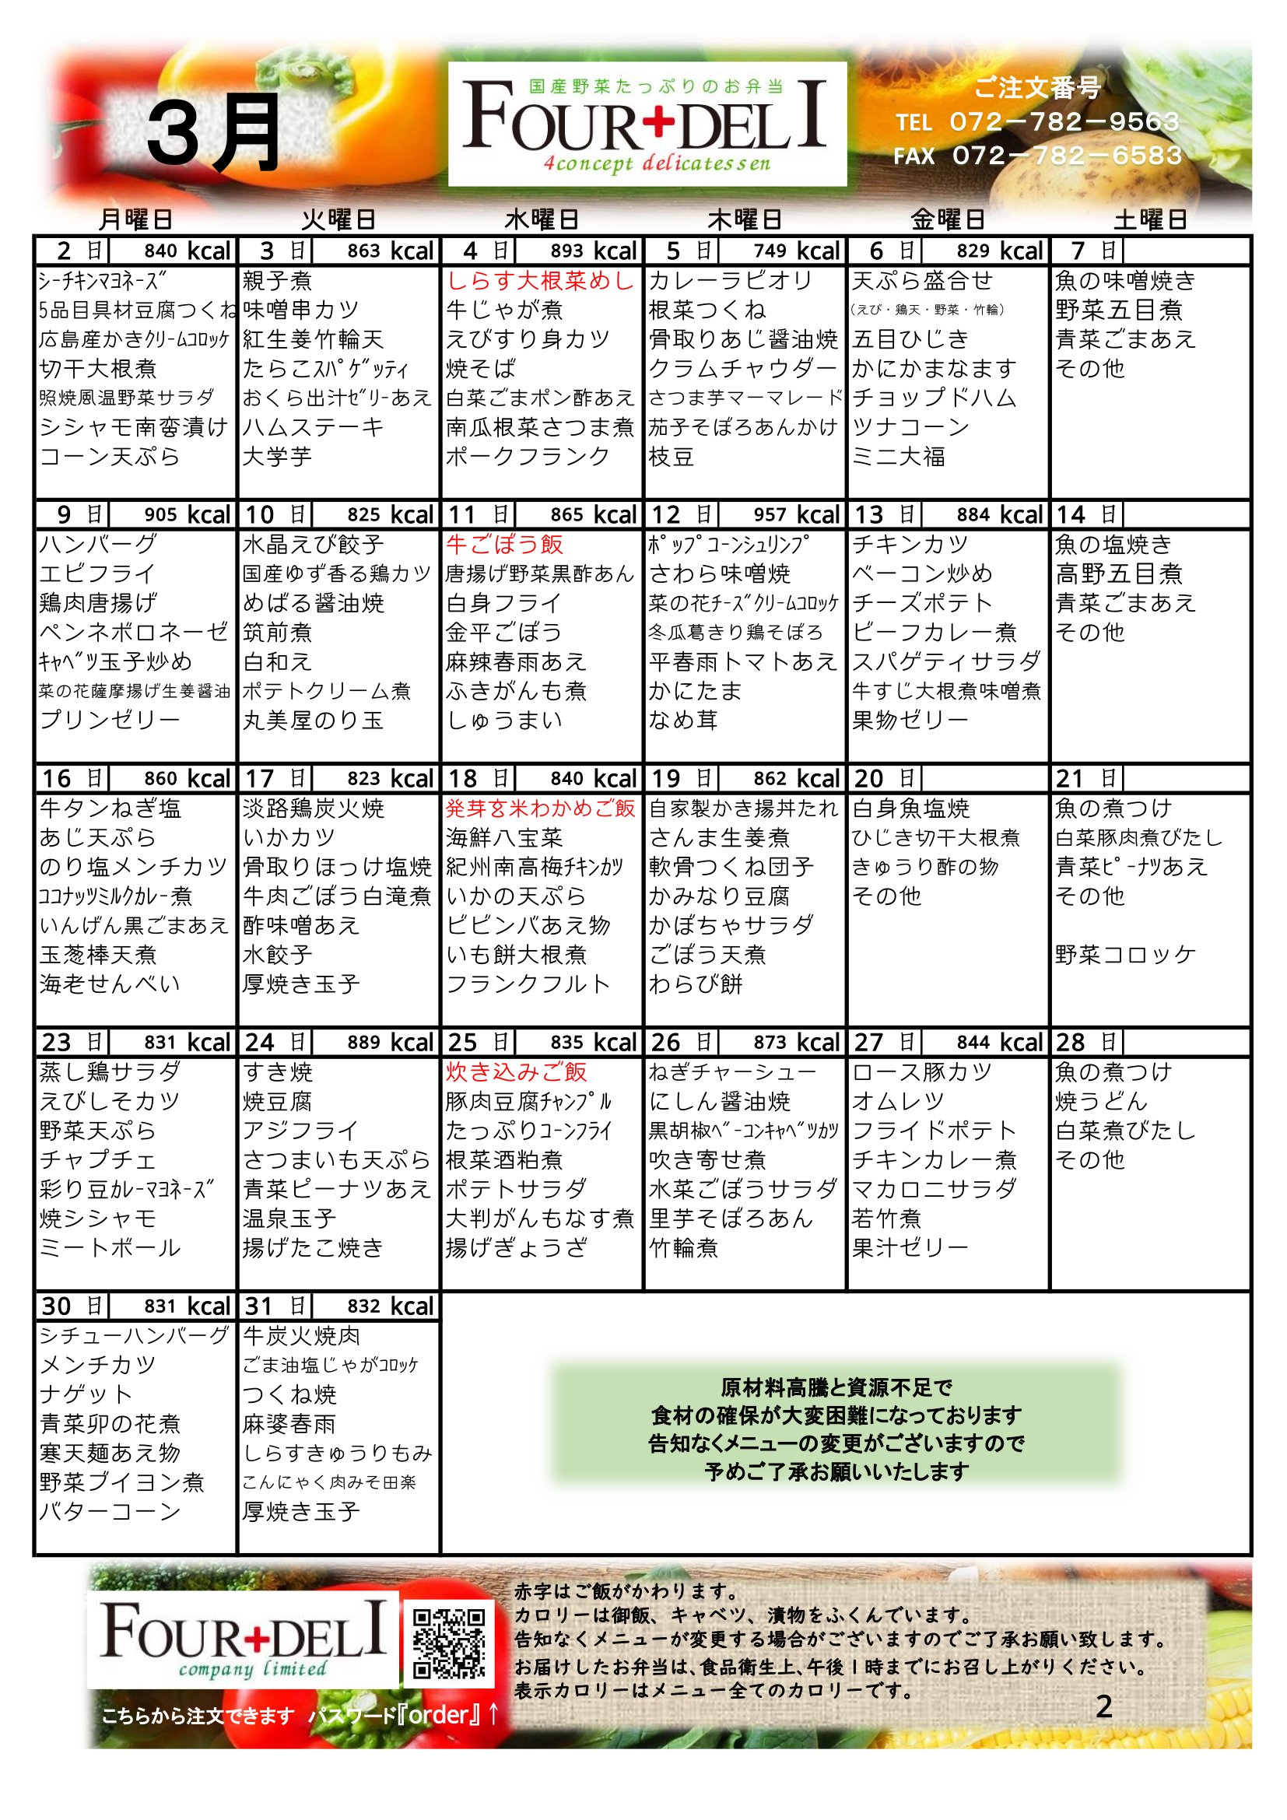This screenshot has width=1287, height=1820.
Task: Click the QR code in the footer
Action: (x=449, y=1643)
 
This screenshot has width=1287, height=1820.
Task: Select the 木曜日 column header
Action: (x=744, y=219)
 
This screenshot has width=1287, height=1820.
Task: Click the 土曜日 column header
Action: (x=1150, y=219)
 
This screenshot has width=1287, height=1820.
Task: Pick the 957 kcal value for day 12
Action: (x=770, y=515)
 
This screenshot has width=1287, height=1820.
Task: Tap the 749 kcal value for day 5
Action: (x=770, y=251)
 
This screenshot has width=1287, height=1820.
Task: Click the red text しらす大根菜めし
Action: (x=541, y=281)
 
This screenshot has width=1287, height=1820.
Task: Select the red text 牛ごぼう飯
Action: (x=505, y=545)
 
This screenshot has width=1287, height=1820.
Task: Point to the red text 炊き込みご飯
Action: (x=516, y=1072)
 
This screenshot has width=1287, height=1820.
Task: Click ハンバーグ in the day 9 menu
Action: (x=98, y=545)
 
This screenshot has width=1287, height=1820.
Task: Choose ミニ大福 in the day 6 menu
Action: (x=899, y=457)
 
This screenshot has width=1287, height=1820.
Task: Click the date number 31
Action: (x=259, y=1306)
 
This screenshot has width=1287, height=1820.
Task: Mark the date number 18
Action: (x=462, y=779)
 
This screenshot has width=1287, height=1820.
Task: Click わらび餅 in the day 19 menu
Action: (x=696, y=984)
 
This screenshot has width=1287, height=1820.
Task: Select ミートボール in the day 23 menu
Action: (x=110, y=1248)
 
